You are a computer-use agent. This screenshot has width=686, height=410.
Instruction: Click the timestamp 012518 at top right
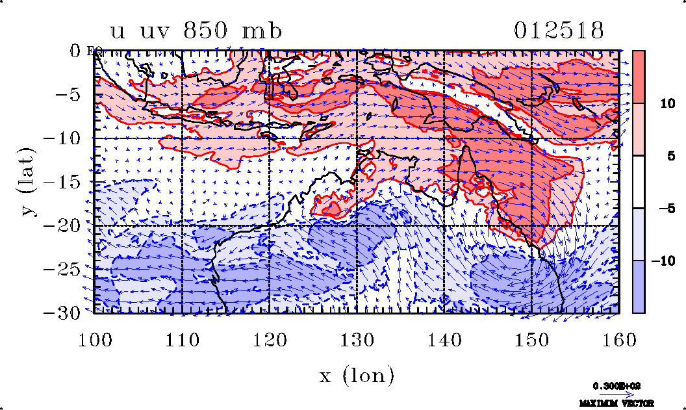click(x=559, y=31)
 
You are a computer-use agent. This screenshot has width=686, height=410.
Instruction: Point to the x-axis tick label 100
click(x=95, y=340)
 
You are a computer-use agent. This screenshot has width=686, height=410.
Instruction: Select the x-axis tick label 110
click(x=182, y=340)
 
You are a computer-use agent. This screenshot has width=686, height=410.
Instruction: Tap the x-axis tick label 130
click(x=357, y=340)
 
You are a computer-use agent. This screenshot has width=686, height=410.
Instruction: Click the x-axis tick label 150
click(x=531, y=340)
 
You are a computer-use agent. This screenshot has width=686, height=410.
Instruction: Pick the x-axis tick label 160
click(x=618, y=340)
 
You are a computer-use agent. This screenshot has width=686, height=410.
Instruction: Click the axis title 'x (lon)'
click(x=357, y=374)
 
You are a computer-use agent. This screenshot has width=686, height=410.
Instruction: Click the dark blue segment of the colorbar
click(x=639, y=287)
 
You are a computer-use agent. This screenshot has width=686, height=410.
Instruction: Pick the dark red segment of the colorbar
click(x=639, y=77)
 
